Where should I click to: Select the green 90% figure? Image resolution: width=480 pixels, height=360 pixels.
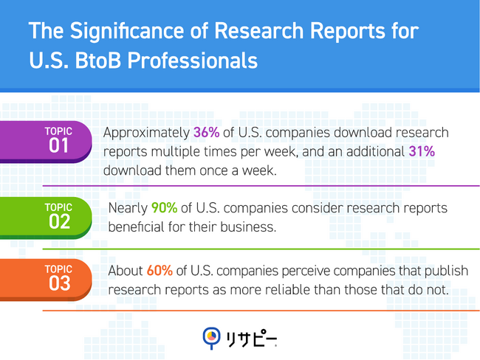(164, 208)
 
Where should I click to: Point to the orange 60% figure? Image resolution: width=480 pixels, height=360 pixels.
(160, 271)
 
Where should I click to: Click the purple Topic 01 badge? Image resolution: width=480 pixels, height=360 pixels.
(58, 140)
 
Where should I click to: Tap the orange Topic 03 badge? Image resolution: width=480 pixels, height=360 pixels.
(58, 279)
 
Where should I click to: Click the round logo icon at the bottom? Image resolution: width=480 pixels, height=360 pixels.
(211, 337)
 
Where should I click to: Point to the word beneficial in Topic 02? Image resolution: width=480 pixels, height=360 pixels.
(137, 226)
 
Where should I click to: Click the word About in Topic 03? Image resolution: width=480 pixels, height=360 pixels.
(125, 271)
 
